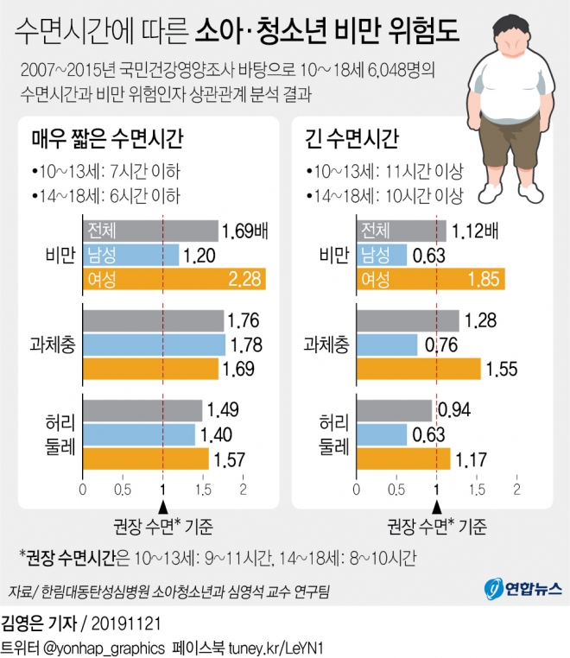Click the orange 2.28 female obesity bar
pyautogui.click(x=174, y=279)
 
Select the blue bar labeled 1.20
pyautogui.click(x=130, y=255)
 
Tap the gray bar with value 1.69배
pyautogui.click(x=150, y=231)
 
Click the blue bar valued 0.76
pyautogui.click(x=387, y=345)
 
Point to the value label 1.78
pyautogui.click(x=244, y=345)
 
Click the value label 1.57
pyautogui.click(x=231, y=459)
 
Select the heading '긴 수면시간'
pyautogui.click(x=354, y=138)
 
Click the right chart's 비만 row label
pyautogui.click(x=332, y=255)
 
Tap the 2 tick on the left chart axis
pyautogui.click(x=243, y=490)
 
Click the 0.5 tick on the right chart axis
pyautogui.click(x=396, y=490)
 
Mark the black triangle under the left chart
pyautogui.click(x=163, y=507)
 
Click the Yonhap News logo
pyautogui.click(x=522, y=589)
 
